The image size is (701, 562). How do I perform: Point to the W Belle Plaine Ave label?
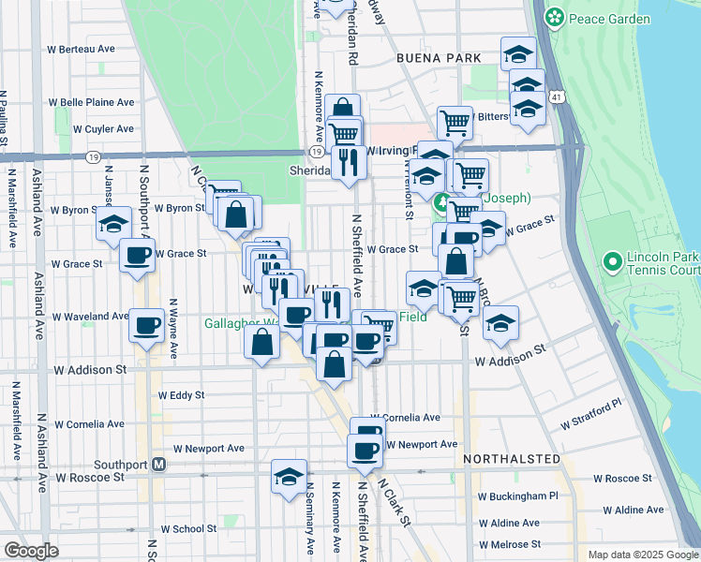(x=91, y=102)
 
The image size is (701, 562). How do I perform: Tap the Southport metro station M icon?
(x=159, y=464)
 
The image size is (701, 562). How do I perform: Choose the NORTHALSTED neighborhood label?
(x=511, y=460)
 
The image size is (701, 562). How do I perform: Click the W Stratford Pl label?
(x=591, y=415)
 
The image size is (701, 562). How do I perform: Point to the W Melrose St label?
(x=510, y=544)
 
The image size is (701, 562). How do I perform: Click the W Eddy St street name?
(x=182, y=395)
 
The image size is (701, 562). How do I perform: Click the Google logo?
(x=31, y=551)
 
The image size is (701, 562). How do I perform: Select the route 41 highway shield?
(x=558, y=97)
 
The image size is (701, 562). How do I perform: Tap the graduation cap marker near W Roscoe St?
(x=289, y=476)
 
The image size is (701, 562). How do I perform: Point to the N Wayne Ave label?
(x=173, y=328)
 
